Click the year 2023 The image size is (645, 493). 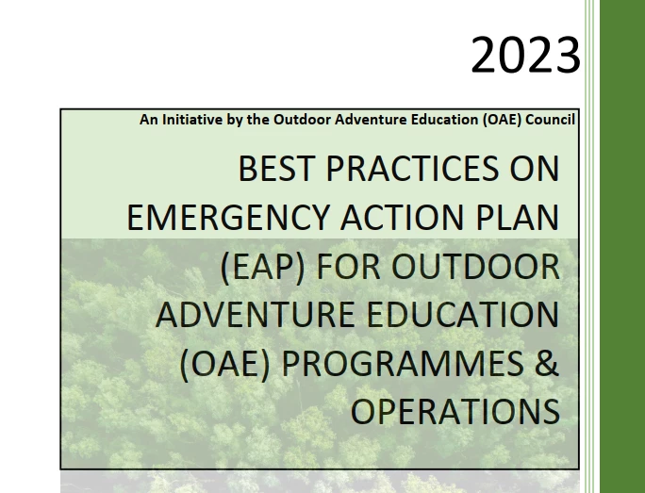(x=525, y=55)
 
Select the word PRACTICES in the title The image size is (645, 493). (x=412, y=168)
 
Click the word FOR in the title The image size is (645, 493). (x=349, y=267)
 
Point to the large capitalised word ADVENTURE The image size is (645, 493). (x=255, y=315)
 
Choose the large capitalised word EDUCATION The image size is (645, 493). (x=463, y=315)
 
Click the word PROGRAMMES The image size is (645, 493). (x=403, y=364)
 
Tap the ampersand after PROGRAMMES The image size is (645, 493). (x=547, y=364)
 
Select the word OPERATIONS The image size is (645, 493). (x=455, y=412)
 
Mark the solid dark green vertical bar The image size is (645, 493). (x=622, y=246)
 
